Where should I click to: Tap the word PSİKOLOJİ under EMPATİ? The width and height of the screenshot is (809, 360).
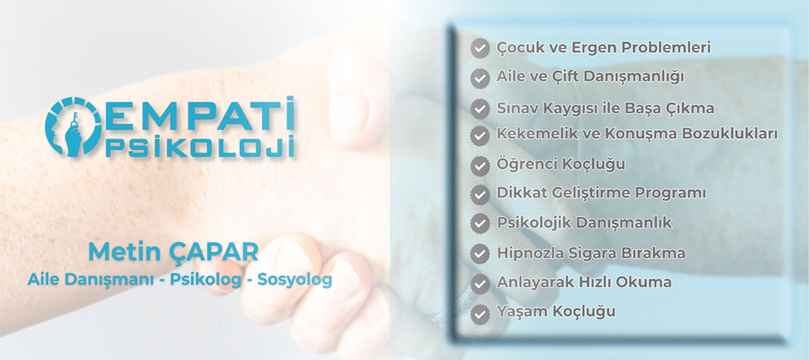200,146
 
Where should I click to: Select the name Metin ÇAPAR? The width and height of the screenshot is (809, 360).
174,252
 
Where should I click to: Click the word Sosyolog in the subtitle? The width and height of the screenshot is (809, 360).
294,280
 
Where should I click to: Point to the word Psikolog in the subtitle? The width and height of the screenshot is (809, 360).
206,280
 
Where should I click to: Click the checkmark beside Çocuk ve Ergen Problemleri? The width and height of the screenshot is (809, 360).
480,49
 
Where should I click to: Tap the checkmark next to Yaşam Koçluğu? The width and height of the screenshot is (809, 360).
480,313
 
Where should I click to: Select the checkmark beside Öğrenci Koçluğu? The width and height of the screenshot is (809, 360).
480,166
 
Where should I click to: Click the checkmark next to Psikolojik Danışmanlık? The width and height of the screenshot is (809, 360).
480,223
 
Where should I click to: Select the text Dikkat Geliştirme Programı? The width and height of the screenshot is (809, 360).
601,194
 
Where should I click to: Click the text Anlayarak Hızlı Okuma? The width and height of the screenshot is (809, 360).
584,282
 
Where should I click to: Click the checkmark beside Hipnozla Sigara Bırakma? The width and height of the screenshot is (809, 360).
480,254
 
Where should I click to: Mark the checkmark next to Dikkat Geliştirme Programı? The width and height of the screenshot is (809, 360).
480,194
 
